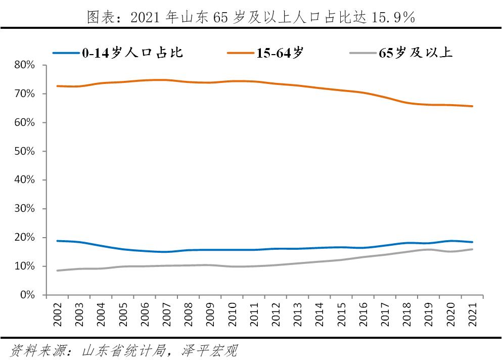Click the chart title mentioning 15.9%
(251, 17)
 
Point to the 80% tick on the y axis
(24, 65)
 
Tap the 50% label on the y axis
(24, 151)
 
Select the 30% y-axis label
(24, 209)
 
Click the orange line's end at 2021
(472, 106)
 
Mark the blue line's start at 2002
(57, 241)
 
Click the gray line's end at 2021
(472, 249)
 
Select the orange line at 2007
(166, 80)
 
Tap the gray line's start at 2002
(57, 271)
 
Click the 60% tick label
(24, 123)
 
